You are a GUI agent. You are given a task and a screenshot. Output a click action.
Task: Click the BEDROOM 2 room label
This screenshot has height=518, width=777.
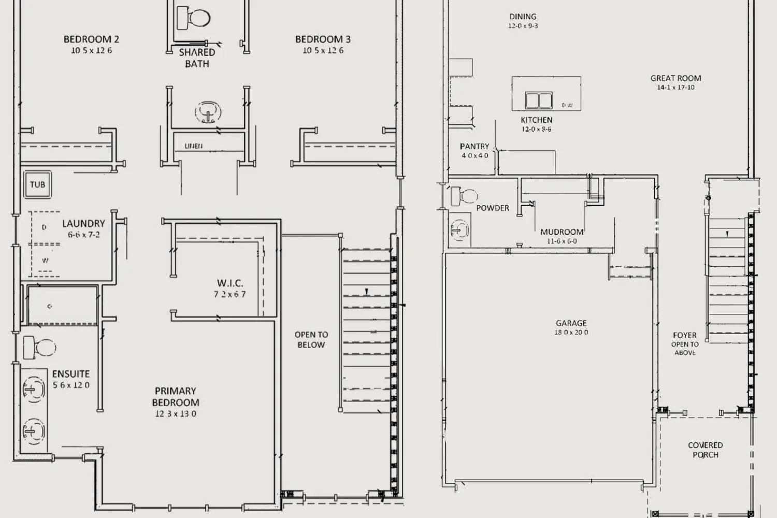click(x=91, y=39)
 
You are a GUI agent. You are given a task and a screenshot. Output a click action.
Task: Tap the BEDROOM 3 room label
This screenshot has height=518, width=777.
click(x=323, y=39)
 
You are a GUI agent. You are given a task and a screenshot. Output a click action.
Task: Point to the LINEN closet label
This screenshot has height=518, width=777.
click(x=194, y=146)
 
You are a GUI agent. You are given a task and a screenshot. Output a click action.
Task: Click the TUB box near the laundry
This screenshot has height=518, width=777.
click(x=37, y=184)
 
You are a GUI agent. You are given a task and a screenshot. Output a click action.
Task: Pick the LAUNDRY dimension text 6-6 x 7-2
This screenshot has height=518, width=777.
click(x=83, y=235)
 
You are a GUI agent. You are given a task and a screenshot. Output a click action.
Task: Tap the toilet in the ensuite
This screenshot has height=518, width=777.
click(x=39, y=348)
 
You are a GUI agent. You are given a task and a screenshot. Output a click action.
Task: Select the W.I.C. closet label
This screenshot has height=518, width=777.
click(x=230, y=283)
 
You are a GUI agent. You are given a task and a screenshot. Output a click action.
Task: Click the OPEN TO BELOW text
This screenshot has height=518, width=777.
click(x=311, y=340)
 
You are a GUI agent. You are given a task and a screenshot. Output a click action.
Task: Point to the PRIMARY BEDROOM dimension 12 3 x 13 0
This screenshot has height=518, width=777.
click(x=176, y=414)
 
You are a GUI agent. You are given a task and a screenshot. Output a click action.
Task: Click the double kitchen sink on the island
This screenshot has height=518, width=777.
click(x=539, y=100)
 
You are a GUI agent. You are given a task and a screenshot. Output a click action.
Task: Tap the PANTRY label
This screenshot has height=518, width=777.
click(x=474, y=147)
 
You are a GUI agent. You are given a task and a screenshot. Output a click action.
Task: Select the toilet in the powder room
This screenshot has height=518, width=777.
click(x=464, y=196)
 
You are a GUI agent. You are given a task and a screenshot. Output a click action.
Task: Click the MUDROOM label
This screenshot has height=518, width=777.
click(x=562, y=232)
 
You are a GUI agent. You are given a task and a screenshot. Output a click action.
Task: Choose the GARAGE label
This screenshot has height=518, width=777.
click(x=571, y=323)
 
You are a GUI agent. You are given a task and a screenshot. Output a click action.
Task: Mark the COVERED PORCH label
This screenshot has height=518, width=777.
click(x=705, y=450)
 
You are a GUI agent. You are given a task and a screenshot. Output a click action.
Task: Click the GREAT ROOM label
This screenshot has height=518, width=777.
click(x=675, y=78)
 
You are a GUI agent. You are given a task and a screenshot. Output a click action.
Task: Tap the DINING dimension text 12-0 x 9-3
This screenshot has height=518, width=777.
click(x=523, y=26)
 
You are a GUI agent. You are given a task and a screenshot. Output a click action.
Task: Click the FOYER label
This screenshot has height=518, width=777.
click(x=684, y=335)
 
